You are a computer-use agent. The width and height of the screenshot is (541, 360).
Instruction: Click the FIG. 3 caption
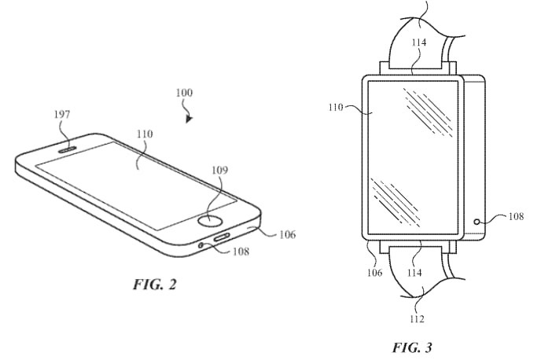[x=413, y=346]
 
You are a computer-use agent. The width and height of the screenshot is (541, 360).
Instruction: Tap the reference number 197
[x=61, y=115]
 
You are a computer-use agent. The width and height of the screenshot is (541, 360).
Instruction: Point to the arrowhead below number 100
[x=188, y=119]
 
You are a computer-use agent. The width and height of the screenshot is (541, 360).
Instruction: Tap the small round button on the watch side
[x=477, y=222]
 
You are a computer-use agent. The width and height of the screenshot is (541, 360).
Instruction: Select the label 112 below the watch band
[x=417, y=318]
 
